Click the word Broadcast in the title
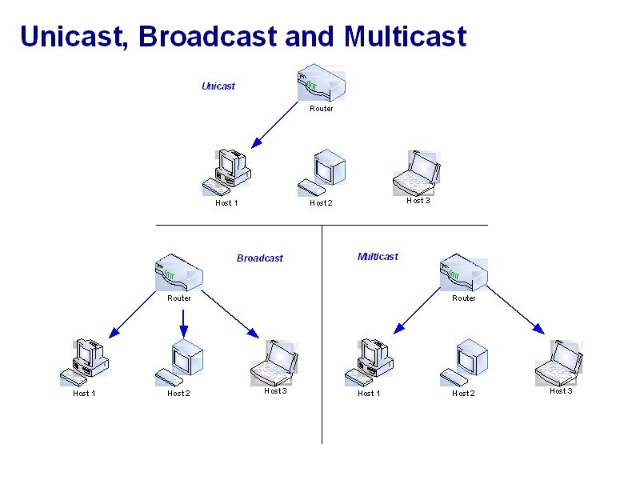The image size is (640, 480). coord(208,36)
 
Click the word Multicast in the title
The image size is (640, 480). coord(405,36)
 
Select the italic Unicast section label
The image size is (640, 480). coord(218,86)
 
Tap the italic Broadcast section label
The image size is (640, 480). coord(259,258)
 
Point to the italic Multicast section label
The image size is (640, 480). coord(378,256)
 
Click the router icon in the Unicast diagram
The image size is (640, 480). coord(322,83)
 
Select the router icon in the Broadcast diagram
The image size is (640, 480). coord(178,272)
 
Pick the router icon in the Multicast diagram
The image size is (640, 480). coord(464,272)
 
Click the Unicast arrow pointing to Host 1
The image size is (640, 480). coord(274,125)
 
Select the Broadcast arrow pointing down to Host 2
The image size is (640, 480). coord(184,324)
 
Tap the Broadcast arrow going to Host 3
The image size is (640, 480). coord(230,314)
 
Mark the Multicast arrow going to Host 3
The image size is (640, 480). coord(515,310)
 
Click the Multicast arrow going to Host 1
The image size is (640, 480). coord(417,311)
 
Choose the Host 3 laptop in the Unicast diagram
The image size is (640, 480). coord(417,173)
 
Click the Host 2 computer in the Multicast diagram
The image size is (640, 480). coord(464,362)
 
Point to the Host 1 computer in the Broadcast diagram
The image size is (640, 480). coord(85,362)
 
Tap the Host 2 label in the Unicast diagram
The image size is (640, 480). coord(321,203)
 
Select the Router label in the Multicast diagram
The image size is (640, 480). coord(464,298)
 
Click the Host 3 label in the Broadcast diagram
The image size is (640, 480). coord(275,391)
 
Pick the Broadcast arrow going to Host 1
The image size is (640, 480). coord(133,314)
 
